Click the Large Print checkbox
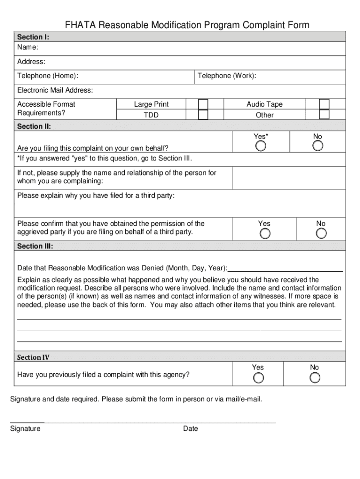[x=203, y=104]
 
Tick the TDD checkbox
[x=203, y=115]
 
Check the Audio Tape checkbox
[x=324, y=104]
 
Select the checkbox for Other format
[x=324, y=115]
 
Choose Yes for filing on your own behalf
[x=261, y=146]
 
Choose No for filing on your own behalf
[x=318, y=146]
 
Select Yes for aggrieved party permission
[x=265, y=233]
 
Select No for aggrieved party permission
[x=321, y=233]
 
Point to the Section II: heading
[x=34, y=126]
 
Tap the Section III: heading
[x=35, y=246]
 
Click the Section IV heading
[x=33, y=357]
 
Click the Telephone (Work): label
[x=227, y=76]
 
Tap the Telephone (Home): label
[x=48, y=76]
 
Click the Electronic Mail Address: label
[x=55, y=90]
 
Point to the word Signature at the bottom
[x=25, y=428]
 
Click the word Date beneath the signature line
[x=191, y=428]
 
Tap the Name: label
[x=28, y=48]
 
